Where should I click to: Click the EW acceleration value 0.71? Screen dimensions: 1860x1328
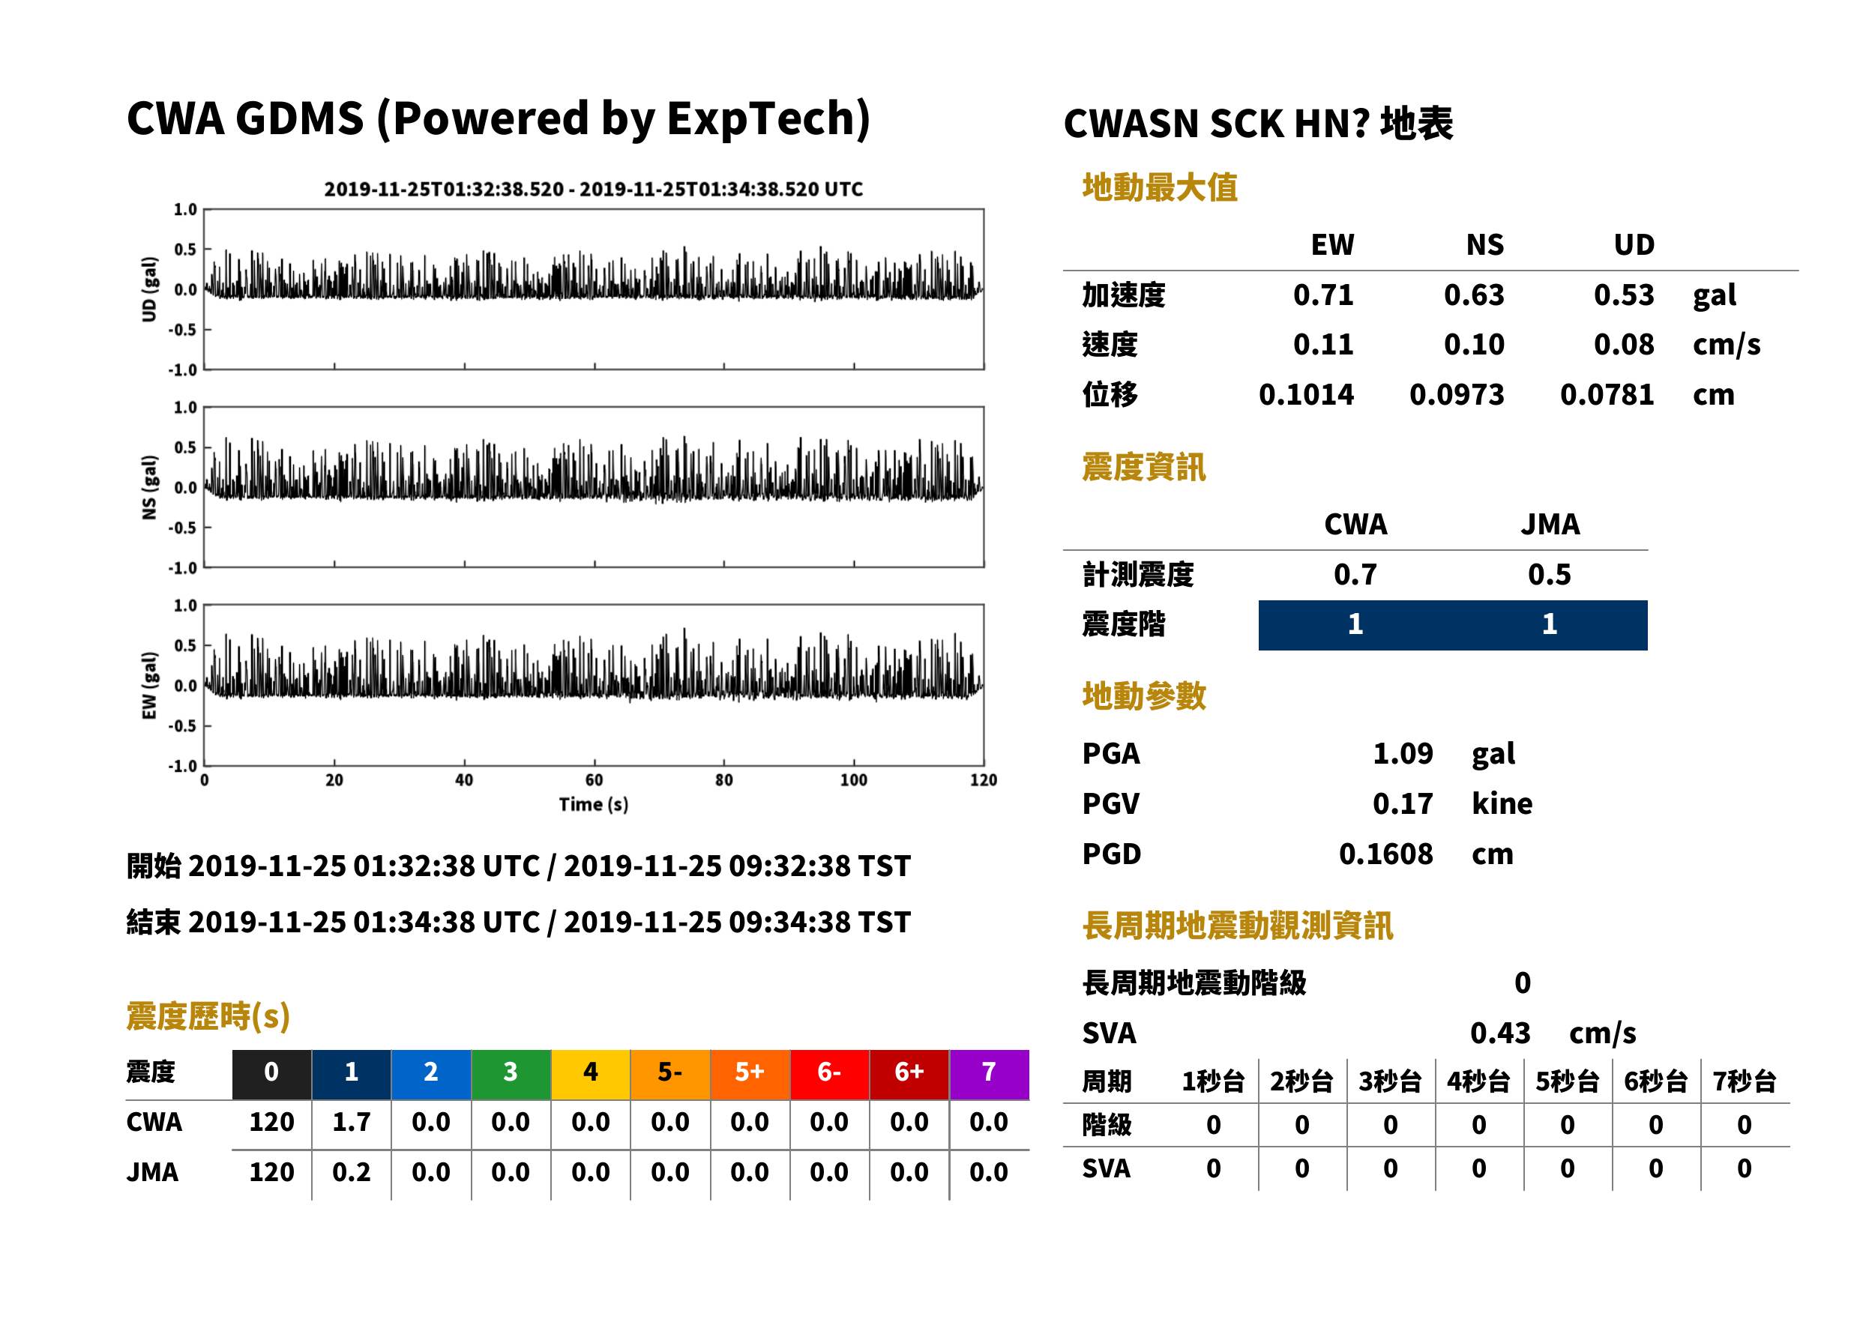coord(1322,295)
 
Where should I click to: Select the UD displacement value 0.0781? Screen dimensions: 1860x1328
coord(1607,395)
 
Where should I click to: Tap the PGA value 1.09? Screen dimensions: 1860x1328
coord(1403,753)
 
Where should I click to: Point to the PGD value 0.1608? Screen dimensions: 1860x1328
coord(1385,854)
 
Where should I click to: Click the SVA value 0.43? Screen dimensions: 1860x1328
coord(1500,1033)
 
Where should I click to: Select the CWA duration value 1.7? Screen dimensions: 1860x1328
coord(352,1122)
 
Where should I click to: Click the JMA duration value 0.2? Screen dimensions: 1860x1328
coord(352,1172)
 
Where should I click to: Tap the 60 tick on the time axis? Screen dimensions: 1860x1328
coord(594,780)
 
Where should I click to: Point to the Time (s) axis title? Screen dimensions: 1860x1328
coord(594,805)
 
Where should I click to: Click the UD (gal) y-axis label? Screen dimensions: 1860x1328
coord(149,289)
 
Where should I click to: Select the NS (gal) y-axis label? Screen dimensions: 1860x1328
coord(149,487)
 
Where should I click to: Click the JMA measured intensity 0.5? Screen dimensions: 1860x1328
coord(1549,575)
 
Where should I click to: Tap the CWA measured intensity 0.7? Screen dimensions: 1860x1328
coord(1355,575)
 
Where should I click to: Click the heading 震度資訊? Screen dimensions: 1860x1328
coord(1143,468)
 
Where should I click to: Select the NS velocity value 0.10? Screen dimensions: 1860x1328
coord(1474,345)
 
